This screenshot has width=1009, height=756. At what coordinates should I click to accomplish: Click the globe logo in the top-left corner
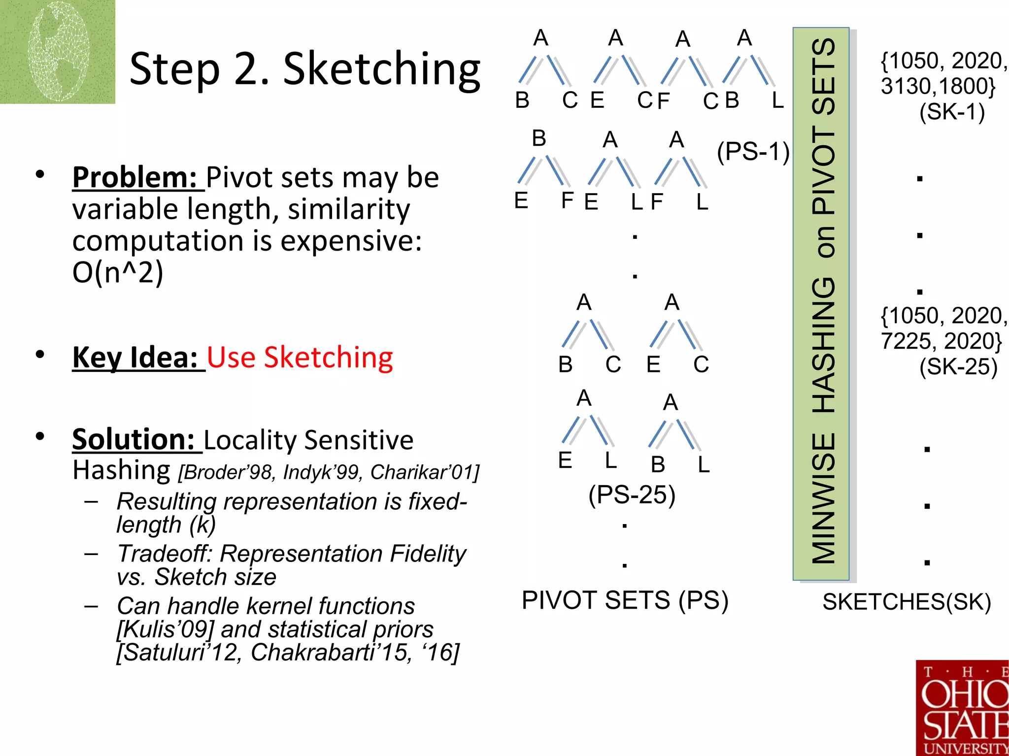pos(57,51)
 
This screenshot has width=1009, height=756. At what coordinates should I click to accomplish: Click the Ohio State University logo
pos(962,708)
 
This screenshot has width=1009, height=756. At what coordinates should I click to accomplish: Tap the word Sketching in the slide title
pos(381,69)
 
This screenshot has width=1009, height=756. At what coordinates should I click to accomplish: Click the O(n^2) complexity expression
pos(117,272)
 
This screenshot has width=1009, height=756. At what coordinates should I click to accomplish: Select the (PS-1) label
pos(753,151)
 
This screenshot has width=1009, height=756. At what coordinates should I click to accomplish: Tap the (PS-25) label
pos(632,494)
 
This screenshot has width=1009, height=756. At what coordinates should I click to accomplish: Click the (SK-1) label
pos(952,112)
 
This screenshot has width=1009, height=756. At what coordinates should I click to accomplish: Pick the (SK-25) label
pos(958,367)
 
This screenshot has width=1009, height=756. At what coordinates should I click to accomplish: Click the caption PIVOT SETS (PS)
pos(625,600)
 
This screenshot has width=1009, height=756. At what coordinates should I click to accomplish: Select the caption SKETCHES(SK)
pos(907,602)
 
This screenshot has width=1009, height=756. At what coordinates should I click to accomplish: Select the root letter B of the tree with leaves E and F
pos(539,138)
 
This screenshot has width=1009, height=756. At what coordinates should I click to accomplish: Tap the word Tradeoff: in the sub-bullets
pos(165,554)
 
